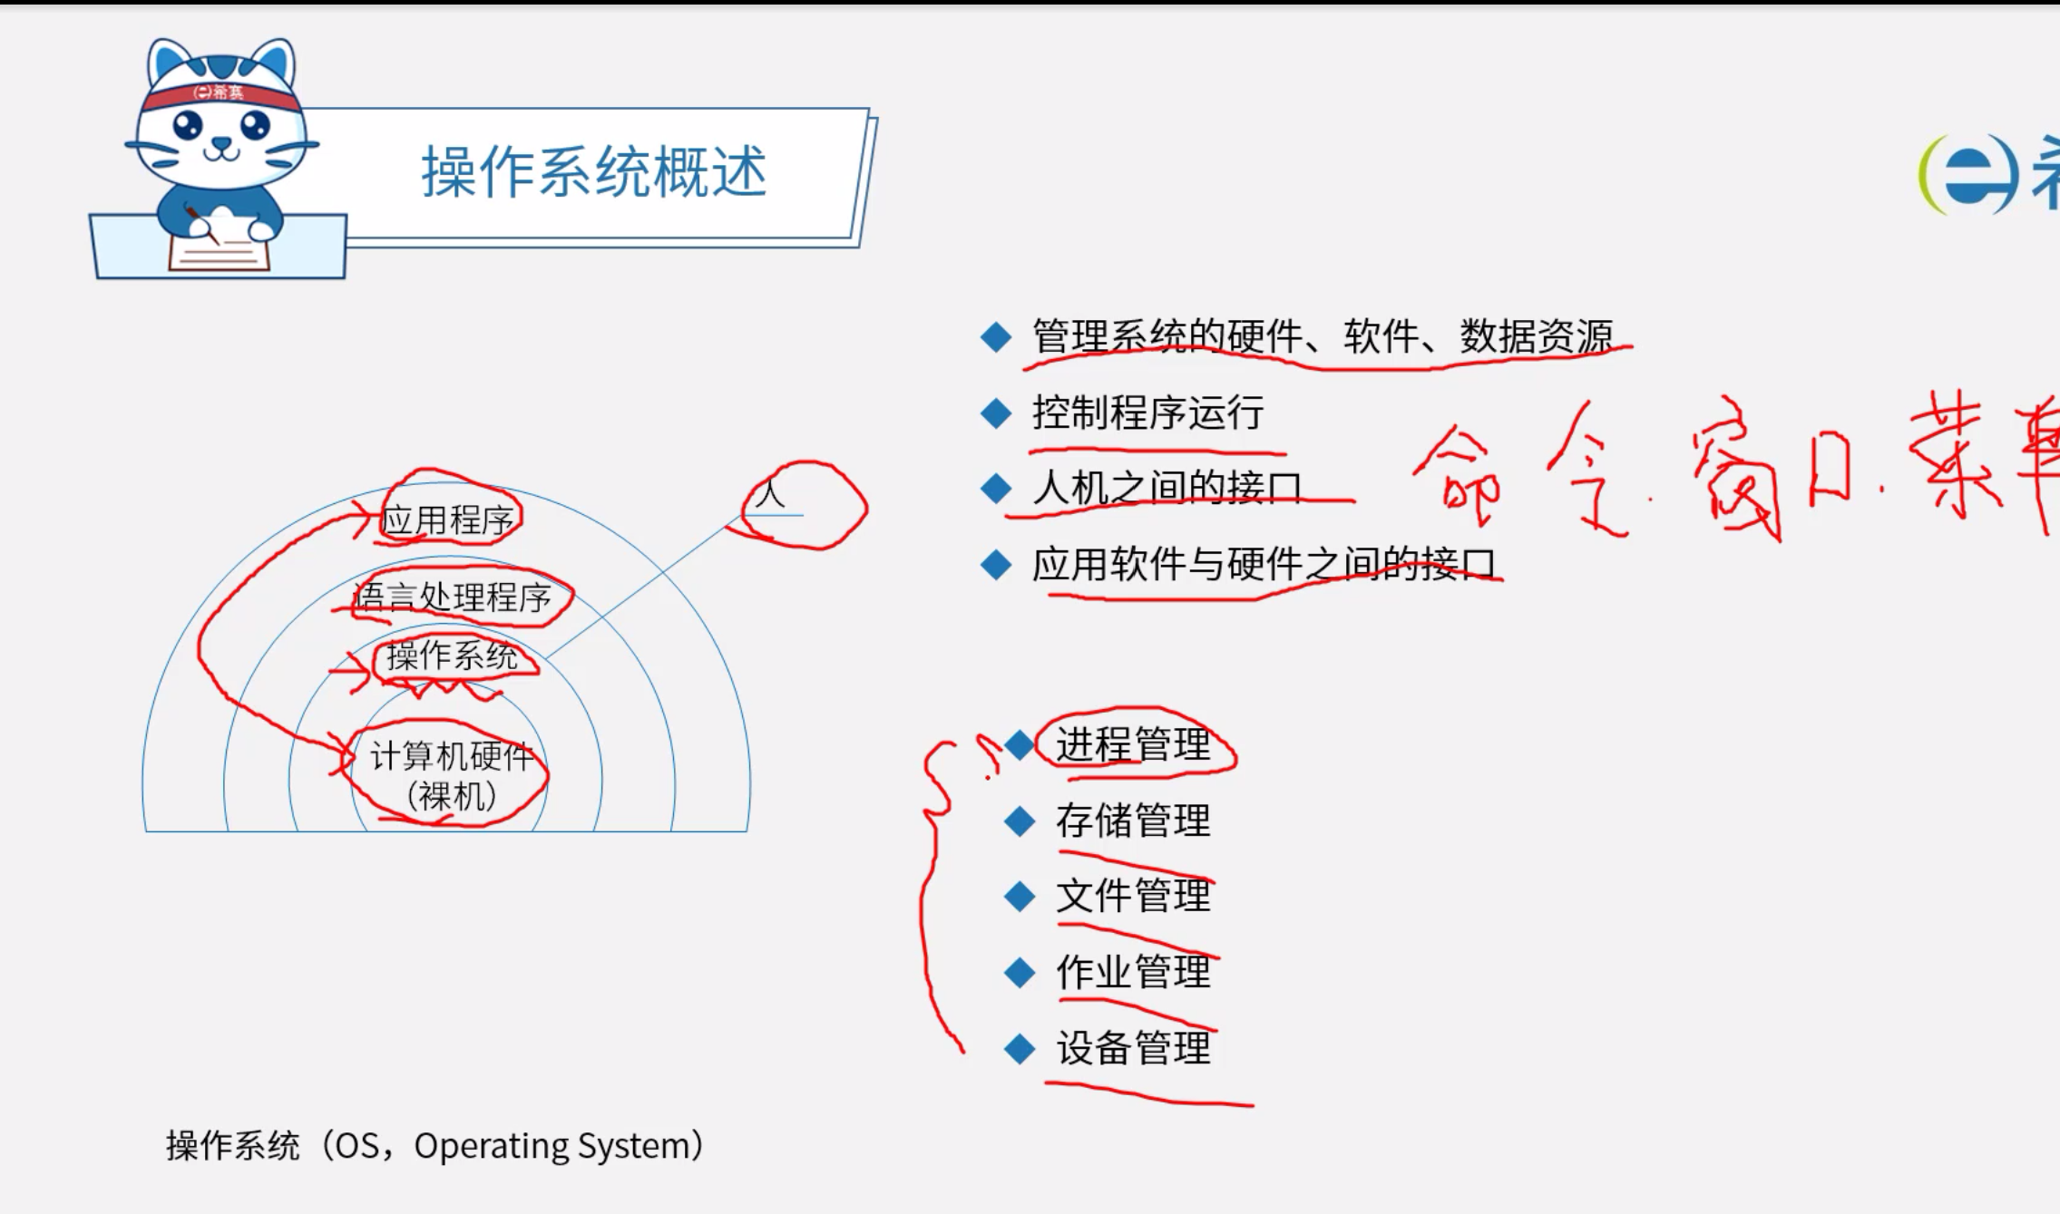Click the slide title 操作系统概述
594,172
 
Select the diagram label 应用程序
447,520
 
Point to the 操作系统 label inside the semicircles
452,656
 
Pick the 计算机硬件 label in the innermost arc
450,756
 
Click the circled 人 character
770,495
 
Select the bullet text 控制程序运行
1147,413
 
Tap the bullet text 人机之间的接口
1167,489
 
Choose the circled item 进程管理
1133,745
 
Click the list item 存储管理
1133,821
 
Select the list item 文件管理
1133,897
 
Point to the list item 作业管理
1133,973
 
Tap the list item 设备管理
1133,1049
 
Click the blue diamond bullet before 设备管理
1020,1049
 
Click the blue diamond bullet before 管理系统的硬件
996,337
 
